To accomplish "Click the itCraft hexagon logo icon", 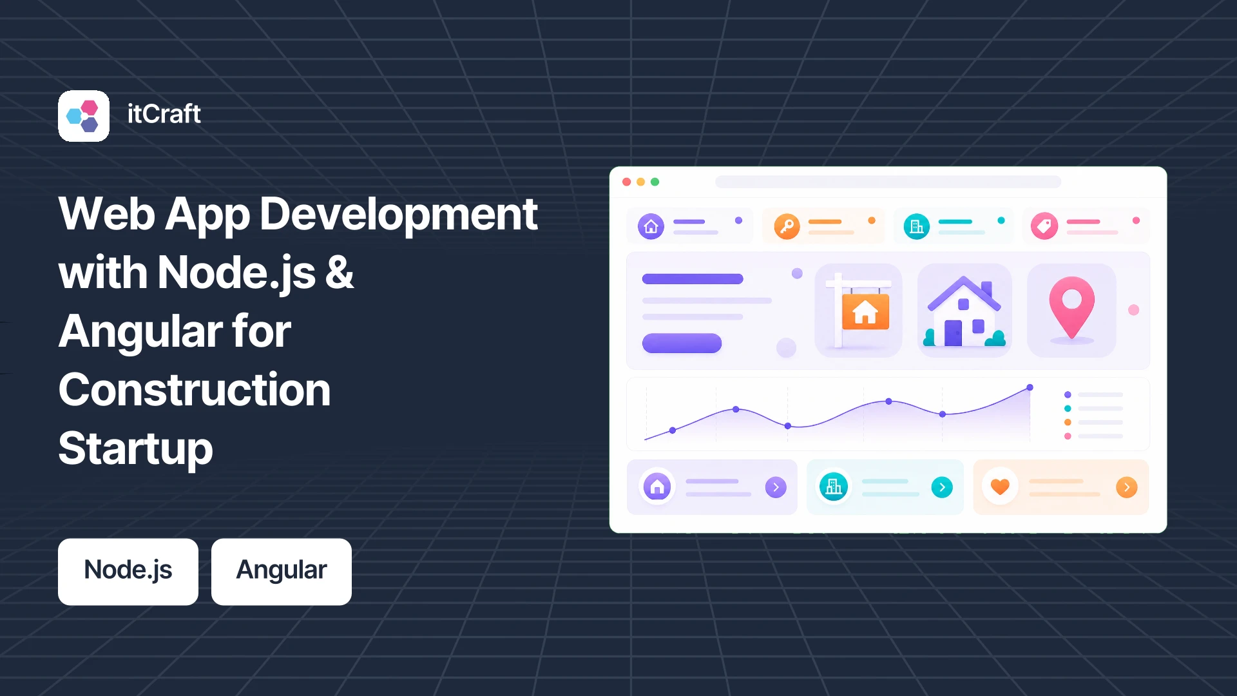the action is click(84, 116).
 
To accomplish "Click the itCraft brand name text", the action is click(164, 114).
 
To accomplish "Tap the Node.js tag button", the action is click(128, 572).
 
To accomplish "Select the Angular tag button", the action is click(282, 572).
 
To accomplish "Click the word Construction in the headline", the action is click(195, 390).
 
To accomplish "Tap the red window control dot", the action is click(626, 182).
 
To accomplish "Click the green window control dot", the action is click(655, 182).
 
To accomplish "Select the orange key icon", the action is click(787, 226).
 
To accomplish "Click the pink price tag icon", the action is click(1044, 226).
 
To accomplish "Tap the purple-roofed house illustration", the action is click(964, 311).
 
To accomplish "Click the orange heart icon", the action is click(1000, 487).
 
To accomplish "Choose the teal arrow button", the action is click(942, 487).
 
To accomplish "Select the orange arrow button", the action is click(1127, 487).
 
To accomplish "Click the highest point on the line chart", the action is click(1030, 387).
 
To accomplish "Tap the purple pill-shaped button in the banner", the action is click(682, 343).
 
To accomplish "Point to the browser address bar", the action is click(888, 182).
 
